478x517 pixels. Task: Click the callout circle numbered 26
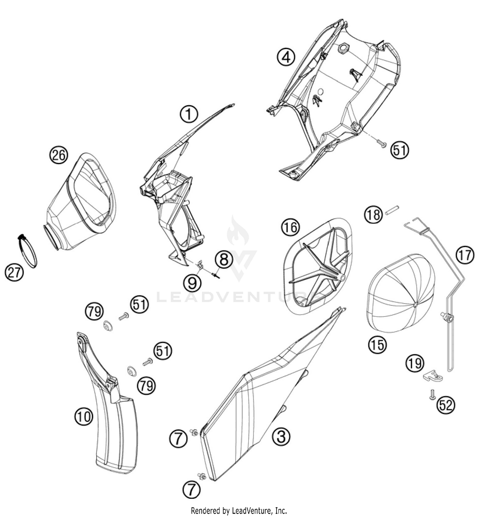tap(59, 155)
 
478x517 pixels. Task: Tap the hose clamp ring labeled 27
tap(27, 251)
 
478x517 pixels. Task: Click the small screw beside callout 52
tap(432, 395)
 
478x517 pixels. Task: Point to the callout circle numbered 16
tap(290, 228)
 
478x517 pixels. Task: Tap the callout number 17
tap(465, 255)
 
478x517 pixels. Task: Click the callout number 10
tap(84, 417)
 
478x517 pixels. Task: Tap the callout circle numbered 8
tap(224, 259)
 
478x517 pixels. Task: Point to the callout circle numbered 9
tap(192, 283)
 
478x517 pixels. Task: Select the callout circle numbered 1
tap(189, 114)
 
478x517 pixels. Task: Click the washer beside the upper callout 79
tap(107, 326)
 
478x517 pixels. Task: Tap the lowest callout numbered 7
tap(192, 489)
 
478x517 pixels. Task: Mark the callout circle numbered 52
tap(445, 405)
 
